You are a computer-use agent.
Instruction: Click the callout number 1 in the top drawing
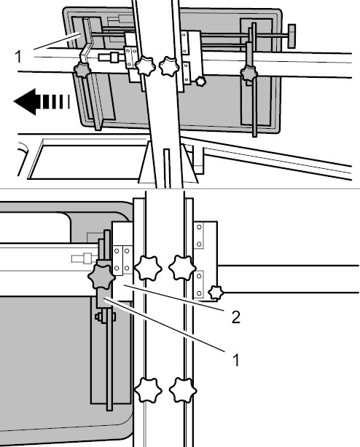click(x=18, y=57)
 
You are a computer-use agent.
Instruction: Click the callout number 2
click(x=236, y=317)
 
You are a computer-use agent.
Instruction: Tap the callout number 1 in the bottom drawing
click(x=236, y=360)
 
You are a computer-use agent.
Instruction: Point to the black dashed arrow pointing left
click(x=42, y=102)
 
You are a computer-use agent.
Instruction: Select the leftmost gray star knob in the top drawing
click(x=82, y=70)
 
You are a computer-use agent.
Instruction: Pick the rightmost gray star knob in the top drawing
click(x=249, y=74)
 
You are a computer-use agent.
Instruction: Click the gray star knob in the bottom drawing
click(x=101, y=277)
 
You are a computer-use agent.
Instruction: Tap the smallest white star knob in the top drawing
click(x=200, y=82)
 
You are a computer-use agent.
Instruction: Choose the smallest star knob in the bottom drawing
click(x=216, y=293)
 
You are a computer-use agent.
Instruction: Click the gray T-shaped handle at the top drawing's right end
click(x=291, y=36)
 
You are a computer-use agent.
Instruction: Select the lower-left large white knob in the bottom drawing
click(x=148, y=390)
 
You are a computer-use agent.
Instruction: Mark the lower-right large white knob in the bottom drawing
click(x=183, y=390)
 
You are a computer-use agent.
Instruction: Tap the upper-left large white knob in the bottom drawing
click(x=148, y=268)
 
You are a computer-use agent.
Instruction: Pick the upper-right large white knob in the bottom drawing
click(x=182, y=268)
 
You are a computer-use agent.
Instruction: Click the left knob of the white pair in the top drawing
click(x=145, y=66)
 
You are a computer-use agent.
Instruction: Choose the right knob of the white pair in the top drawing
click(x=169, y=66)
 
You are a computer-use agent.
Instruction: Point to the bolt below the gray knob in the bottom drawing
click(x=105, y=317)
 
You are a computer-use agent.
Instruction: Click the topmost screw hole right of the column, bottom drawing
click(x=199, y=227)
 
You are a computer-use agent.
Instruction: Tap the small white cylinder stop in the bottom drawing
click(x=85, y=258)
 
